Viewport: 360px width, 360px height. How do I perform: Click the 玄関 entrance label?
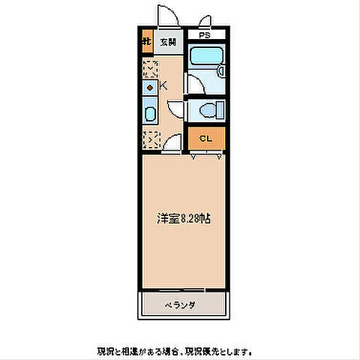[166, 41]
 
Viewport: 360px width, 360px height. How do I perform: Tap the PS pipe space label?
[205, 34]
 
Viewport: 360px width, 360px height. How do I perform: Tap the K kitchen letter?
[161, 86]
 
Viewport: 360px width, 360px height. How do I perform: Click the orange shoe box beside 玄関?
[148, 42]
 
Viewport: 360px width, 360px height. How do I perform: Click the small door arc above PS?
[205, 21]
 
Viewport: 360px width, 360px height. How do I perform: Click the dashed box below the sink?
[149, 139]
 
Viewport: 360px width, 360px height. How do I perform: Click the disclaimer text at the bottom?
[174, 350]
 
